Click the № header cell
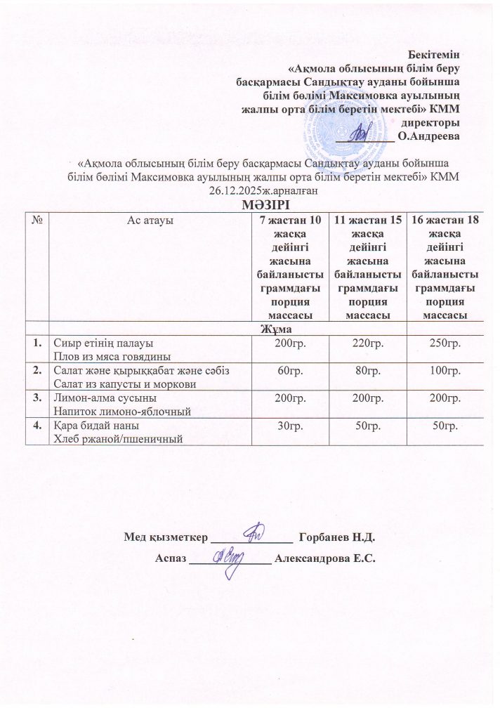(x=37, y=220)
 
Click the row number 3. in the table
(x=37, y=398)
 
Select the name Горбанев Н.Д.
(x=337, y=539)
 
